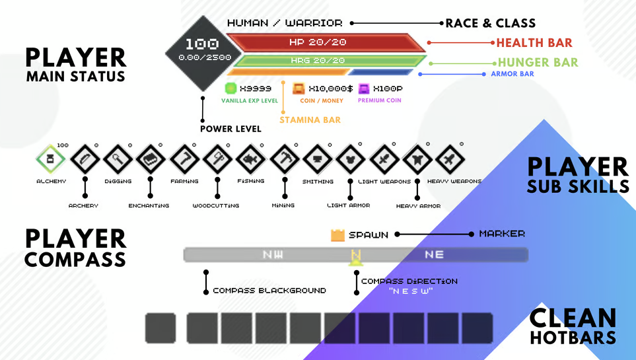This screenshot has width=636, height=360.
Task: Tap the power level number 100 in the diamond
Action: tap(201, 44)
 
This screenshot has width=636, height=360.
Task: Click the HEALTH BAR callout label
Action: tap(534, 43)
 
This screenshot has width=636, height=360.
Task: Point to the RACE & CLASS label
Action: tap(490, 23)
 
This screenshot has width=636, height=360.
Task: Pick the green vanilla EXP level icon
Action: tap(230, 88)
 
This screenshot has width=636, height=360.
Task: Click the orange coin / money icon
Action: tap(299, 88)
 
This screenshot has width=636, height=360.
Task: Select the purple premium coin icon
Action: tap(364, 88)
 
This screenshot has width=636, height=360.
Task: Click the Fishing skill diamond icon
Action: tap(251, 159)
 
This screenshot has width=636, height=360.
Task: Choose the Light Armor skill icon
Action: tap(350, 159)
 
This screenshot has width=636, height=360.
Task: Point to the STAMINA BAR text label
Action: tap(310, 120)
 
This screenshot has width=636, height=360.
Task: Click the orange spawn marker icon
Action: tap(337, 234)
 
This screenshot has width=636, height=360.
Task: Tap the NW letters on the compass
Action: tap(273, 254)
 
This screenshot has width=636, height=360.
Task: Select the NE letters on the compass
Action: tap(434, 254)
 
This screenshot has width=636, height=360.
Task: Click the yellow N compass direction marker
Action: tap(356, 256)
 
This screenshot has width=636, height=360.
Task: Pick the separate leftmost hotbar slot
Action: tap(160, 328)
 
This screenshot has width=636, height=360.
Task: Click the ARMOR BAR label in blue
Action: tap(512, 74)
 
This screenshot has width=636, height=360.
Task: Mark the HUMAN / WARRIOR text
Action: tap(285, 23)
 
